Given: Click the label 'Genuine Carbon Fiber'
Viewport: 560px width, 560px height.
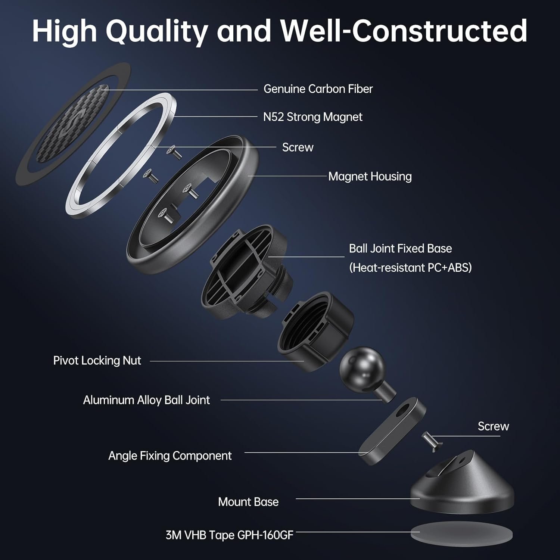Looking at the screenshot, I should click(x=318, y=89).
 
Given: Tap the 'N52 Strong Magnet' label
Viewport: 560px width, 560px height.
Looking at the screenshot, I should click(x=312, y=117).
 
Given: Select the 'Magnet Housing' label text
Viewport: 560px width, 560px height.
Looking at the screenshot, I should click(x=370, y=177).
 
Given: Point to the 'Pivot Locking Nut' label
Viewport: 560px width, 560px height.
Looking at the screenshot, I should click(x=97, y=361).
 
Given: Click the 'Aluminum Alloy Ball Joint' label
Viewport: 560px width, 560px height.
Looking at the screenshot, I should click(x=146, y=400).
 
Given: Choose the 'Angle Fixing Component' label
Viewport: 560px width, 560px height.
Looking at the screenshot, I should click(x=170, y=456).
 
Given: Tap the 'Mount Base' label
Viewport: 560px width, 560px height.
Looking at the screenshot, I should click(x=248, y=502).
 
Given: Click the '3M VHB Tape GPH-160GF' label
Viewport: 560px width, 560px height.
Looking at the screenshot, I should click(x=229, y=535).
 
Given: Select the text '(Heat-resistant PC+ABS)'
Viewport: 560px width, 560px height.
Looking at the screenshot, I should click(x=410, y=268).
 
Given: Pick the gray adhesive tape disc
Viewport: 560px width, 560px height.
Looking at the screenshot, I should click(x=461, y=534).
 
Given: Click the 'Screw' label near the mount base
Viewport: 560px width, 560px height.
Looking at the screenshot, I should click(x=493, y=426).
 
